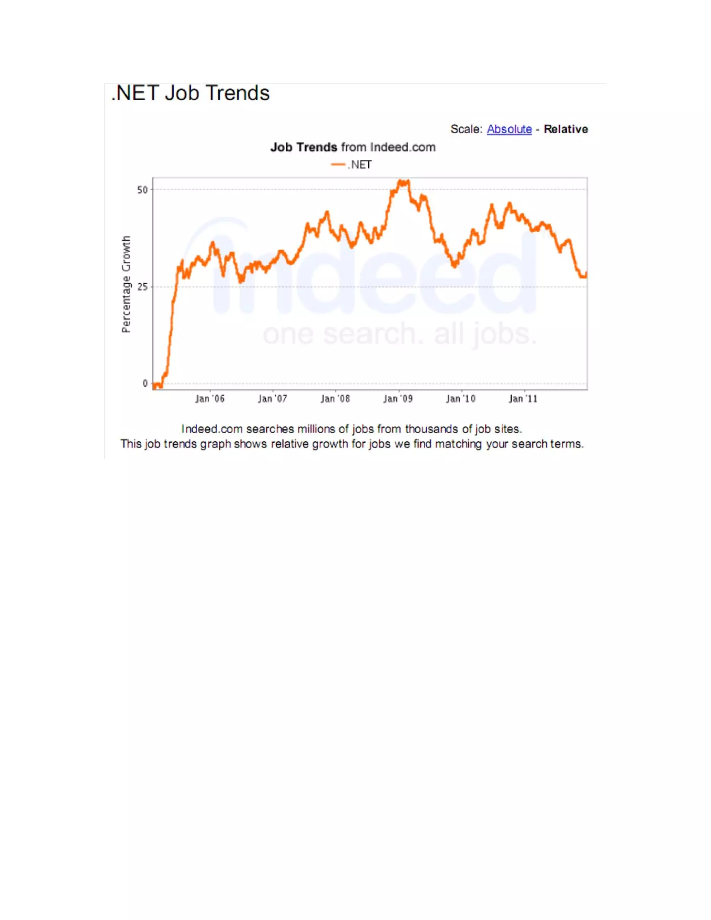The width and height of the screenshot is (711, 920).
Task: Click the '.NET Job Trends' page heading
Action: pos(190,93)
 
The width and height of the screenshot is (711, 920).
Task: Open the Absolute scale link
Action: pos(509,129)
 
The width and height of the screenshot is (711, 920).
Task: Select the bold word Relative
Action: pos(565,129)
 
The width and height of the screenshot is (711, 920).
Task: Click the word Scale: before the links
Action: pos(466,129)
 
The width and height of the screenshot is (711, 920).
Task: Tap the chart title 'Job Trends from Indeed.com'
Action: pos(353,148)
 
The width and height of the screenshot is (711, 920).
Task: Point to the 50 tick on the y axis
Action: pos(142,190)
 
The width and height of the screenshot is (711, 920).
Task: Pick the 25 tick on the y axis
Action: pos(142,287)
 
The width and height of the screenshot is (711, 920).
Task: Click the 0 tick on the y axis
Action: pos(145,384)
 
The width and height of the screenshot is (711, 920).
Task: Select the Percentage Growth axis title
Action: pos(126,284)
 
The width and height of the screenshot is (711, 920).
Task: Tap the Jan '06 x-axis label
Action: pos(210,399)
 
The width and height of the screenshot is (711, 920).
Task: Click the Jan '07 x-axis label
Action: pos(273,399)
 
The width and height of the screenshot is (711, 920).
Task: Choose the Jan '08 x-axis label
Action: pos(335,399)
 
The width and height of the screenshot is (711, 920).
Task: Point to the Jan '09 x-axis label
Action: pos(398,399)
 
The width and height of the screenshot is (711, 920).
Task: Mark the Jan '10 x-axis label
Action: pos(461,399)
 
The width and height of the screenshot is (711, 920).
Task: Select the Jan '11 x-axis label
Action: pos(523,399)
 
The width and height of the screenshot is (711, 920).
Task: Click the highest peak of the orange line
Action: pos(403,182)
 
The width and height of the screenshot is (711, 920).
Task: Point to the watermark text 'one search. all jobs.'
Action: pos(400,334)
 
